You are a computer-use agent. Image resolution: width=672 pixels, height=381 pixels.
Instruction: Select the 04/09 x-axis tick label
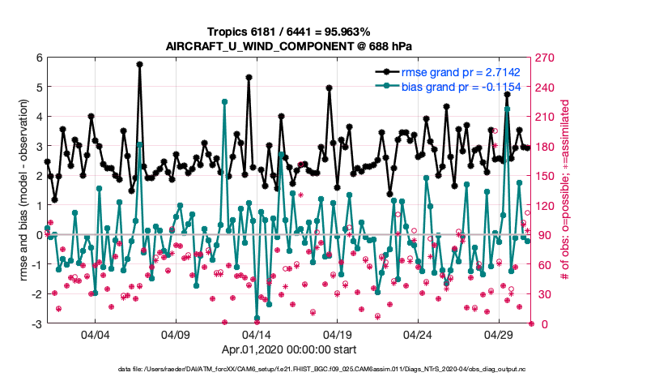176,335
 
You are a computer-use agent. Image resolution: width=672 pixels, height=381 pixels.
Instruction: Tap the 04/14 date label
257,335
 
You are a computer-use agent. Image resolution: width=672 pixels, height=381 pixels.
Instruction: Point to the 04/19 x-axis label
337,335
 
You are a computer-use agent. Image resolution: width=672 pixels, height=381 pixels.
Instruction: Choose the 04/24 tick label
418,335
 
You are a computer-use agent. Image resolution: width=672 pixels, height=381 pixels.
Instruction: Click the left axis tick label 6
39,58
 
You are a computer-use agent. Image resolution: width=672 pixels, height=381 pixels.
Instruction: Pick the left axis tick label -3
37,323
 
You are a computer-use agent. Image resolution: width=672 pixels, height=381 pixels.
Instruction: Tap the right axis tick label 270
544,58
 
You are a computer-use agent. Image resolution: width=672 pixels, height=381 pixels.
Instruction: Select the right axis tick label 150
544,176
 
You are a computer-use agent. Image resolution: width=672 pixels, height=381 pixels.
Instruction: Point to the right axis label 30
541,294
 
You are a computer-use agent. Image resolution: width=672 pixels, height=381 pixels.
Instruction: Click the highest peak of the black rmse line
139,64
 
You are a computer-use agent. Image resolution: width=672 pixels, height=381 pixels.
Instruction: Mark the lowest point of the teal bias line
257,319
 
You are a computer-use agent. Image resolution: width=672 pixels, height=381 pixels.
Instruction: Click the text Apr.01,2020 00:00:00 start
289,350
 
